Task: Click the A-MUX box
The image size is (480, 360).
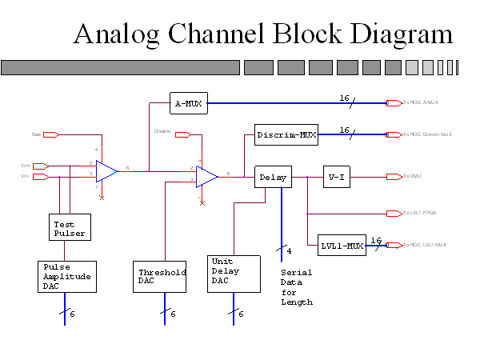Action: coord(189,102)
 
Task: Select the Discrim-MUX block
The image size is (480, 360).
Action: coord(286,134)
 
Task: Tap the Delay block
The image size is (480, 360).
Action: coord(273,177)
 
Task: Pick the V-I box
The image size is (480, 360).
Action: coord(336,177)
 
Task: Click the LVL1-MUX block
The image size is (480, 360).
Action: coord(342,246)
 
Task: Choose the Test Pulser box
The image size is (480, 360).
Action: coord(69,228)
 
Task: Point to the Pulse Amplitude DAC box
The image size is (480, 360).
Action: coord(67,276)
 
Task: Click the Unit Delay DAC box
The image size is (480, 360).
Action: coord(234,274)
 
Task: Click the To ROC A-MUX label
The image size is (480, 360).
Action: coord(421,102)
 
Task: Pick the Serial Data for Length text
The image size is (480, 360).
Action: coord(297,287)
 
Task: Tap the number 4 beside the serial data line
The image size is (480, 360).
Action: coord(289,251)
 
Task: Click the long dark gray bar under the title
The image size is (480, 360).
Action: coord(120,67)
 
